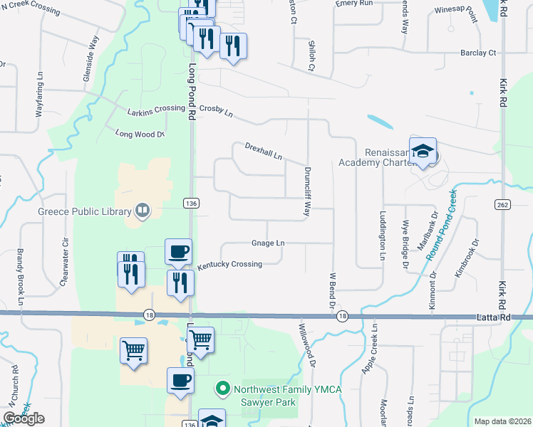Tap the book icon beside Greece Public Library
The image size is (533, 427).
point(143,211)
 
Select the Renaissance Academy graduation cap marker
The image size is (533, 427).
point(423,152)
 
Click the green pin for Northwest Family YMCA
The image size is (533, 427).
point(222,389)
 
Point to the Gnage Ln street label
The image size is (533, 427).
point(268,243)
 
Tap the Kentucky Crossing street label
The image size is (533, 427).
point(229,264)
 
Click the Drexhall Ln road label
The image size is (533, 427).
point(264,150)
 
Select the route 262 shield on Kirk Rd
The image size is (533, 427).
point(504,204)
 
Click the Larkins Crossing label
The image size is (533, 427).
point(156,109)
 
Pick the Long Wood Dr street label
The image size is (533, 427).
point(140,133)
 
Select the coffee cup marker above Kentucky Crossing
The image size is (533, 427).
point(178,251)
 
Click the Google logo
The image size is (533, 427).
point(24,418)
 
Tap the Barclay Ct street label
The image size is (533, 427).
point(478,53)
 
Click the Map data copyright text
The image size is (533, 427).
point(502,421)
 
